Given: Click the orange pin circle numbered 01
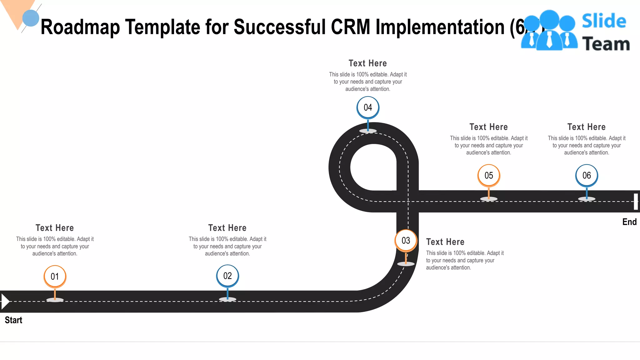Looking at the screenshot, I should tap(55, 276).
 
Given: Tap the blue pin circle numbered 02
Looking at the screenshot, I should tap(227, 276).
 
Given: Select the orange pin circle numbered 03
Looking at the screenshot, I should tap(406, 240).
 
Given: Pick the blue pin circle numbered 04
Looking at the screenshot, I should tap(368, 107).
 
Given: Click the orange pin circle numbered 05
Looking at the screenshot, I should tap(489, 175).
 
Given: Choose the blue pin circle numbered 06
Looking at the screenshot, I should tap(587, 175).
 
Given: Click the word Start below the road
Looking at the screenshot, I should tap(13, 320).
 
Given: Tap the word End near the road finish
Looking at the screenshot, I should tap(629, 222).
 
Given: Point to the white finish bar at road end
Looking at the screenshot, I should tap(636, 202).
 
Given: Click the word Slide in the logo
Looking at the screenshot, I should tap(604, 21).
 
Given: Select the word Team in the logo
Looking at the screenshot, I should tap(606, 44).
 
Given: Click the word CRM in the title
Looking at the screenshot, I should tap(350, 27).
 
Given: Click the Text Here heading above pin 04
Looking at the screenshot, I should tap(368, 63).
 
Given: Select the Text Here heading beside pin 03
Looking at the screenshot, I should tap(445, 242).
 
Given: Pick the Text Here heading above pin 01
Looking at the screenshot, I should tap(55, 228).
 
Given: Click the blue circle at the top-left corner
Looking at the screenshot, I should tap(31, 18).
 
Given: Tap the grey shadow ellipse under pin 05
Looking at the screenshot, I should tap(489, 199).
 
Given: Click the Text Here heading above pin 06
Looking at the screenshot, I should tap(587, 127).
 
